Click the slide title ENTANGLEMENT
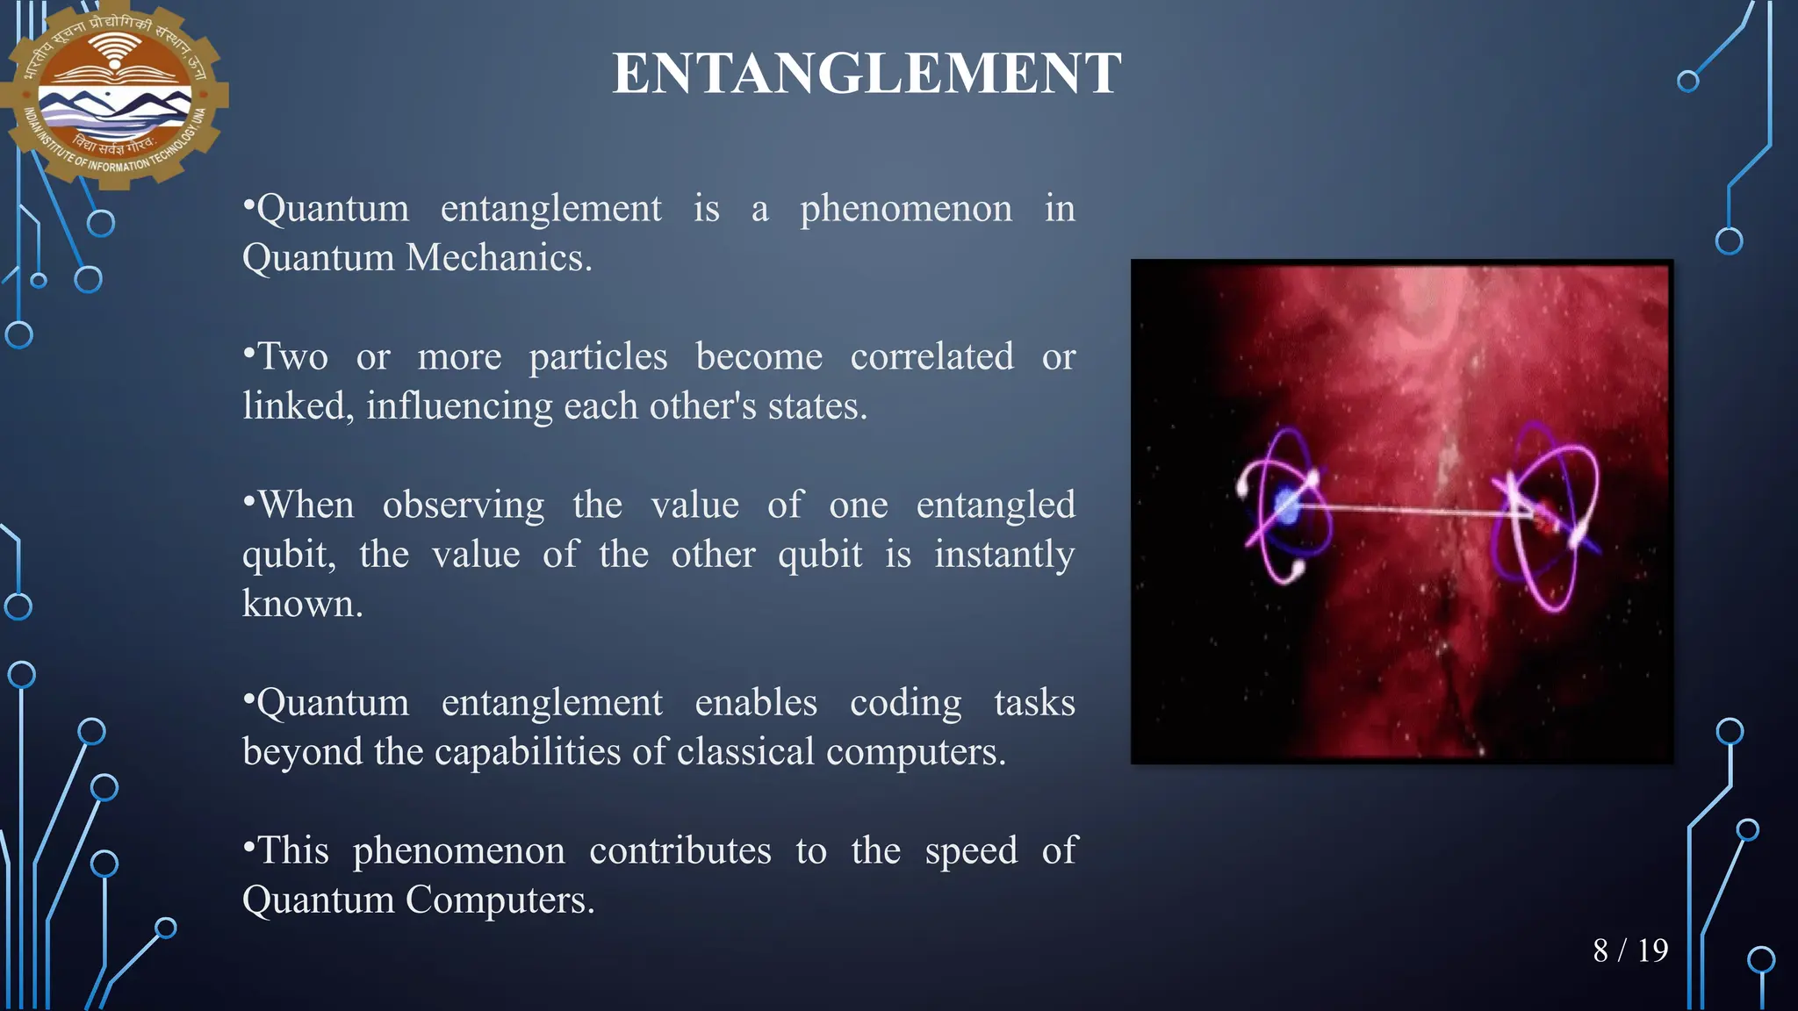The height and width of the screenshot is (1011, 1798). pos(867,74)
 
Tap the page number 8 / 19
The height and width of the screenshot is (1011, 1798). pos(1630,950)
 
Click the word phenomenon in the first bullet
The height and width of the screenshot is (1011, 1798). pos(905,209)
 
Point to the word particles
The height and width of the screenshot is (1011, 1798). pos(598,357)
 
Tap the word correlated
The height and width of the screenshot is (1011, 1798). pos(931,357)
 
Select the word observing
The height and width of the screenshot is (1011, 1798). pos(463,505)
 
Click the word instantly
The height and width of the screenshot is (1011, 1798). pos(1003,555)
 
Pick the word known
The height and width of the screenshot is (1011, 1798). pos(302,604)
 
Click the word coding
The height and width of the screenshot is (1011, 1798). pos(905,703)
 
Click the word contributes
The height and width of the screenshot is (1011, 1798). pos(680,851)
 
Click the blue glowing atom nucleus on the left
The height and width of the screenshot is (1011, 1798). pos(1287,506)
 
